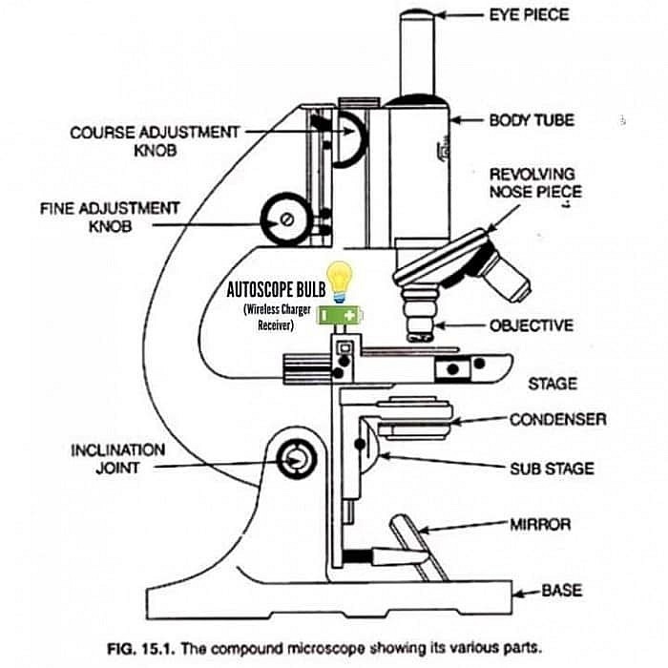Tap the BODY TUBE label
point(532,121)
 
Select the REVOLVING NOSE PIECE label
point(533,183)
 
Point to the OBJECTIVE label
point(532,325)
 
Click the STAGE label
point(553,384)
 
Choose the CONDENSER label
point(557,419)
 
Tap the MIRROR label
point(540,524)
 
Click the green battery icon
point(341,315)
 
